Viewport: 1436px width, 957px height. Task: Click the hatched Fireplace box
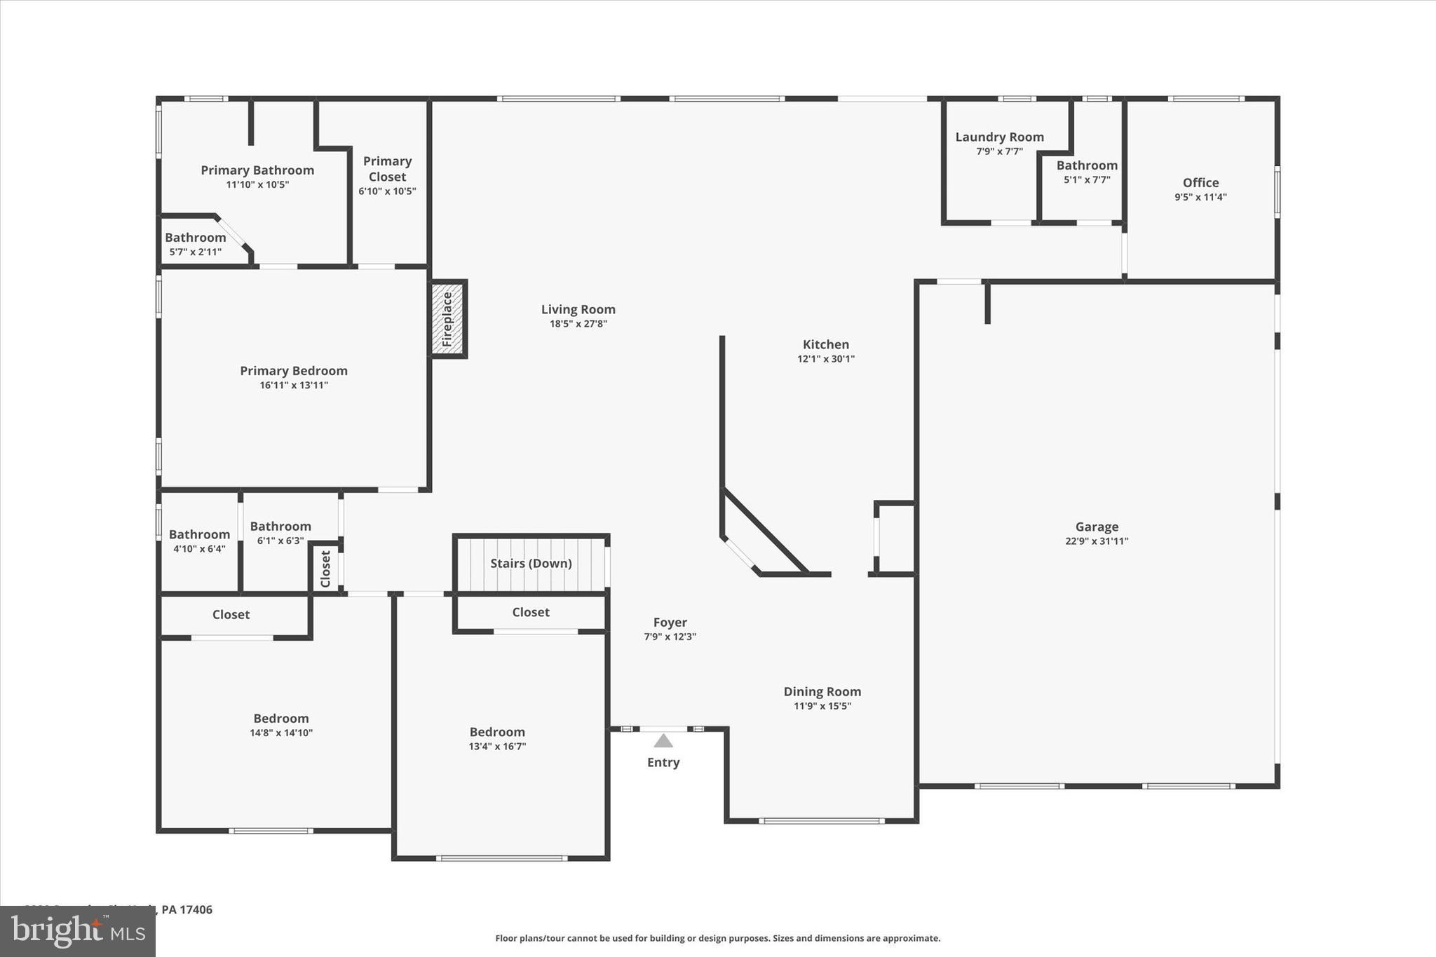point(447,319)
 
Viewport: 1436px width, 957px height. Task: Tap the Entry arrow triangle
point(663,741)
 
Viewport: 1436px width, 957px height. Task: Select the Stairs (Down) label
point(531,564)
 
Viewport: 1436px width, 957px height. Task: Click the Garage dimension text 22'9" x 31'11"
point(1097,541)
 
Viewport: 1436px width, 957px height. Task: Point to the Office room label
point(1200,182)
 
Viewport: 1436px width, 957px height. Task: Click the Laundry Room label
point(999,137)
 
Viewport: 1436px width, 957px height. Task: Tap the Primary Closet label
point(387,169)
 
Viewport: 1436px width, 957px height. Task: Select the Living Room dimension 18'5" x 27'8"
point(578,324)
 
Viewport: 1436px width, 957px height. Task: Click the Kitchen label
point(825,344)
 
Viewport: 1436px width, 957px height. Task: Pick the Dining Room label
point(822,691)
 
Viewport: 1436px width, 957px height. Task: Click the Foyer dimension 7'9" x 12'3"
point(670,637)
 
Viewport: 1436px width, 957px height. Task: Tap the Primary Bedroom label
point(294,371)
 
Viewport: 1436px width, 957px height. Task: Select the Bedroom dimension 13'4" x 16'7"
point(497,747)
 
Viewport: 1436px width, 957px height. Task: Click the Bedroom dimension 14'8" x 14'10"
point(281,733)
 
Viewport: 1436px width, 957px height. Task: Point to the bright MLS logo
point(78,932)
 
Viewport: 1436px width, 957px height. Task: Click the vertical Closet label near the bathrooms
point(325,569)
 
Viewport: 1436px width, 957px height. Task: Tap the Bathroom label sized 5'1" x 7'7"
point(1087,165)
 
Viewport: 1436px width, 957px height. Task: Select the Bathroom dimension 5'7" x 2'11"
point(195,252)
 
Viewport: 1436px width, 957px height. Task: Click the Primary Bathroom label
point(257,170)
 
